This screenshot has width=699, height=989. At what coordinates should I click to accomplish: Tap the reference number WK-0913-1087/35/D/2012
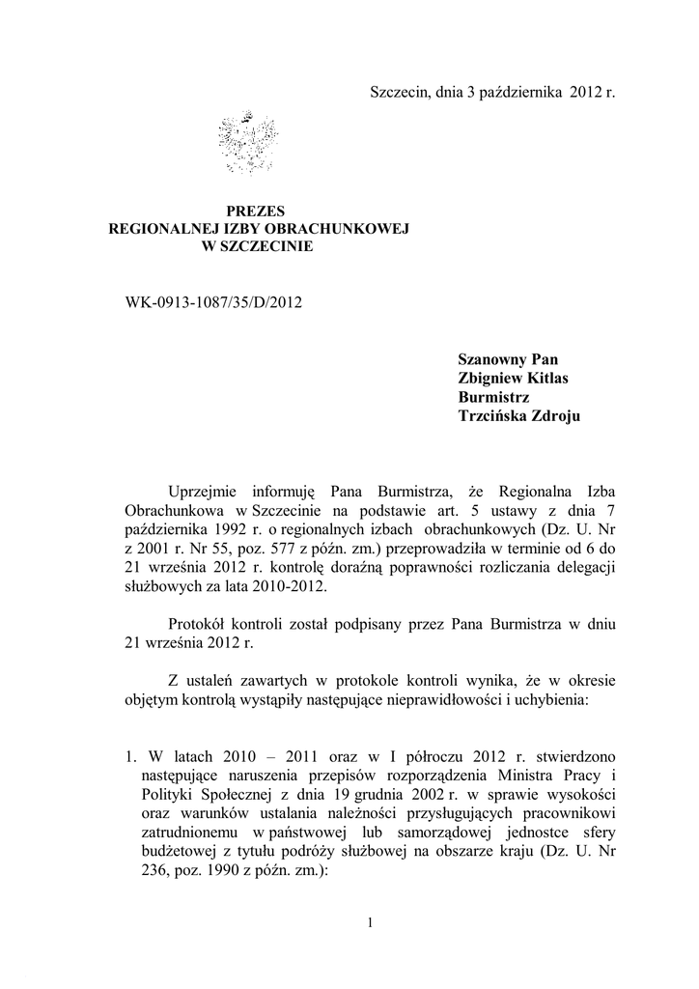tap(214, 302)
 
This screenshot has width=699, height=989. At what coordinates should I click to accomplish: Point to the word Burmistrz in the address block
tap(493, 396)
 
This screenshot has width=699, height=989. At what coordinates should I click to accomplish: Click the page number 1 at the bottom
tap(370, 922)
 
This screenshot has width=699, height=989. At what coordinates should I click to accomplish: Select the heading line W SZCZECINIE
tap(256, 247)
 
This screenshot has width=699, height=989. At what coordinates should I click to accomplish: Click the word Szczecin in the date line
tap(398, 94)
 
